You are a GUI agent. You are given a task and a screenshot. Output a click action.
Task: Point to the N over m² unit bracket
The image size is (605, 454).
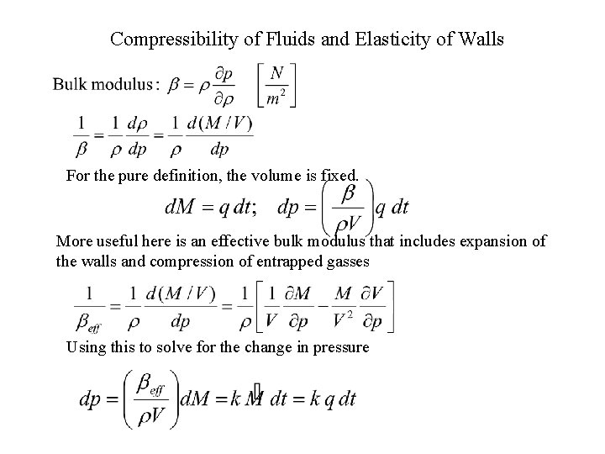(x=276, y=84)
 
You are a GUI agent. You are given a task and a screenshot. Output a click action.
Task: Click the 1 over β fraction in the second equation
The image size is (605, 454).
(x=81, y=136)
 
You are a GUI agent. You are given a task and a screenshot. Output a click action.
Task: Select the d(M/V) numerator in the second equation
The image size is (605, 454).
(x=219, y=124)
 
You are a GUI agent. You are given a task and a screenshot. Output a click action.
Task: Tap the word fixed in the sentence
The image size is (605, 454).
(x=338, y=177)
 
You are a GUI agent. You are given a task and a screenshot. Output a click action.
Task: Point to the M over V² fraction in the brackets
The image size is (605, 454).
(x=344, y=308)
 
